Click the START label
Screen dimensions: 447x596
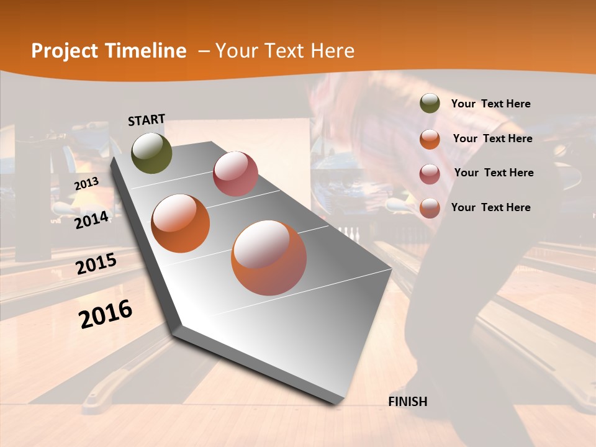tap(147, 120)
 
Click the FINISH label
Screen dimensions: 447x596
tap(407, 402)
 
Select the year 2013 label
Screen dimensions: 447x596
tap(86, 184)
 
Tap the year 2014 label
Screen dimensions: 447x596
tap(91, 220)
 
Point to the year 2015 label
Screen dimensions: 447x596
tap(96, 264)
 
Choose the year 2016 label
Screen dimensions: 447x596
tap(106, 314)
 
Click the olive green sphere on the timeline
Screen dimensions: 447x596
tap(151, 153)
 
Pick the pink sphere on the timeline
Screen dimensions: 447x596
tap(235, 174)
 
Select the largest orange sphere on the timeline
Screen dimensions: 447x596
tap(269, 257)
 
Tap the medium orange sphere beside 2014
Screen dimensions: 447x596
tap(181, 223)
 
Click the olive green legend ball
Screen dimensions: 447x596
tap(430, 104)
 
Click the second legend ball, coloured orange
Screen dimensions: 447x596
tap(430, 138)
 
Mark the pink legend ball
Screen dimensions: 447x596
tap(430, 173)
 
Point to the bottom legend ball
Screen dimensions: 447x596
tap(430, 208)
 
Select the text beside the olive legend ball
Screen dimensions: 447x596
tap(490, 104)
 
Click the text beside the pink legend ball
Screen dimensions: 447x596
tap(494, 173)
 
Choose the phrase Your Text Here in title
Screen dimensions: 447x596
tap(285, 51)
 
